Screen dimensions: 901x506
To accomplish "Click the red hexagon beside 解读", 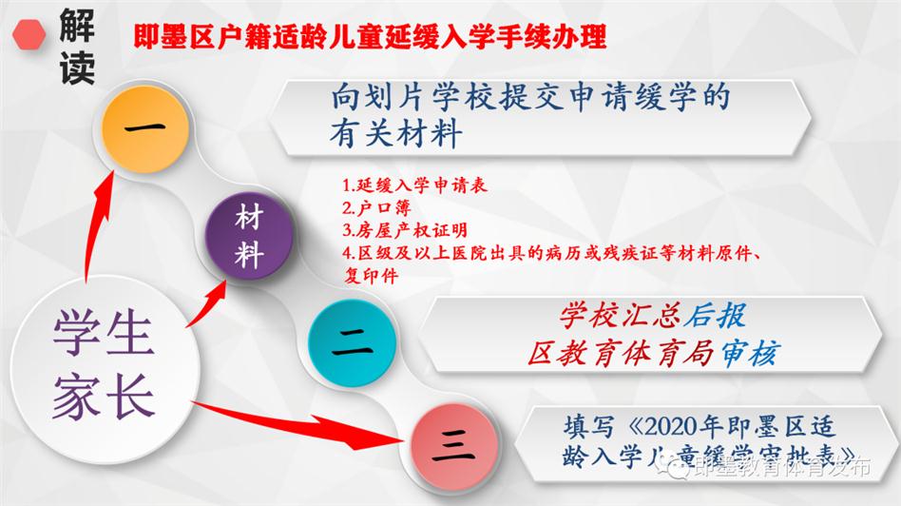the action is pyautogui.click(x=29, y=34).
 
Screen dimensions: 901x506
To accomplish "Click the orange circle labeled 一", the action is pyautogui.click(x=144, y=128).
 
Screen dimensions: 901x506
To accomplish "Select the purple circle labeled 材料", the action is pyautogui.click(x=249, y=236).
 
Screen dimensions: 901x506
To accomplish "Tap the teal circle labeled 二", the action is pyautogui.click(x=352, y=343).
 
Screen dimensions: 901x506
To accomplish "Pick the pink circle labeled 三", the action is pyautogui.click(x=454, y=447).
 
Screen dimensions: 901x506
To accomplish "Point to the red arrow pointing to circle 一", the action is pyautogui.click(x=97, y=227).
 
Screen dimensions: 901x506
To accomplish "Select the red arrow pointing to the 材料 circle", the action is pyautogui.click(x=206, y=302).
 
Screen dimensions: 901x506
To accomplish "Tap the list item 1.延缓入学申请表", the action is pyautogui.click(x=414, y=185).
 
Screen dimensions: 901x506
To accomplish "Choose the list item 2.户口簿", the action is pyautogui.click(x=376, y=207).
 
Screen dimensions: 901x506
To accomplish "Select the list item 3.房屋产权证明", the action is pyautogui.click(x=405, y=230).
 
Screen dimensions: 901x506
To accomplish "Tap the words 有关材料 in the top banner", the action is pyautogui.click(x=395, y=134).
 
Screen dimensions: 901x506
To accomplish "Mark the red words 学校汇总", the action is pyautogui.click(x=620, y=315).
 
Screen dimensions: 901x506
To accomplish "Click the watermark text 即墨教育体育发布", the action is pyautogui.click(x=781, y=467).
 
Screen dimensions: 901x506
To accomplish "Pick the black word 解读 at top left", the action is pyautogui.click(x=77, y=47).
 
